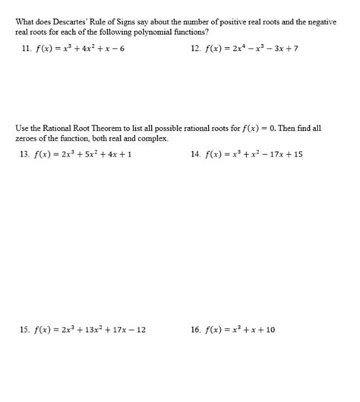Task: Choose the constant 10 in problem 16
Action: (270, 330)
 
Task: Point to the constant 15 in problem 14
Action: (298, 154)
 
